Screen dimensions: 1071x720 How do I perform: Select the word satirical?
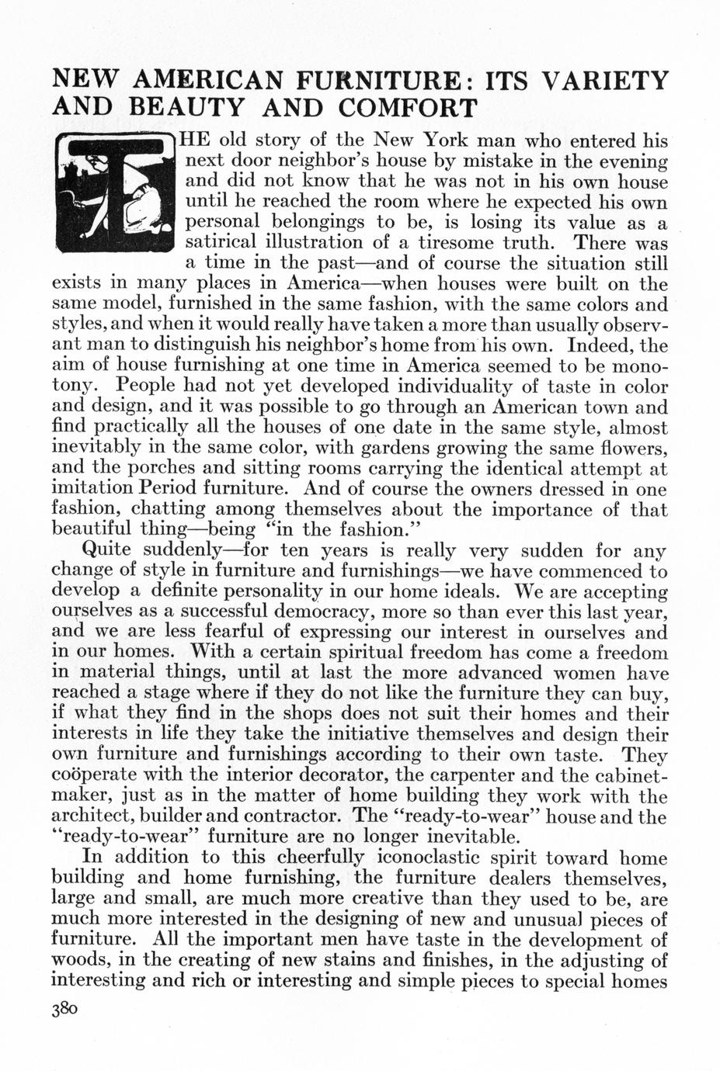[221, 243]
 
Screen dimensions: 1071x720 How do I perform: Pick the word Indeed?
[603, 345]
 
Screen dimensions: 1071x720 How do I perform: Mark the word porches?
[151, 469]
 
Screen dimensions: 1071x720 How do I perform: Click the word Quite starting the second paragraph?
[107, 551]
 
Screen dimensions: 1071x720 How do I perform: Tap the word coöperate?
[96, 775]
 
